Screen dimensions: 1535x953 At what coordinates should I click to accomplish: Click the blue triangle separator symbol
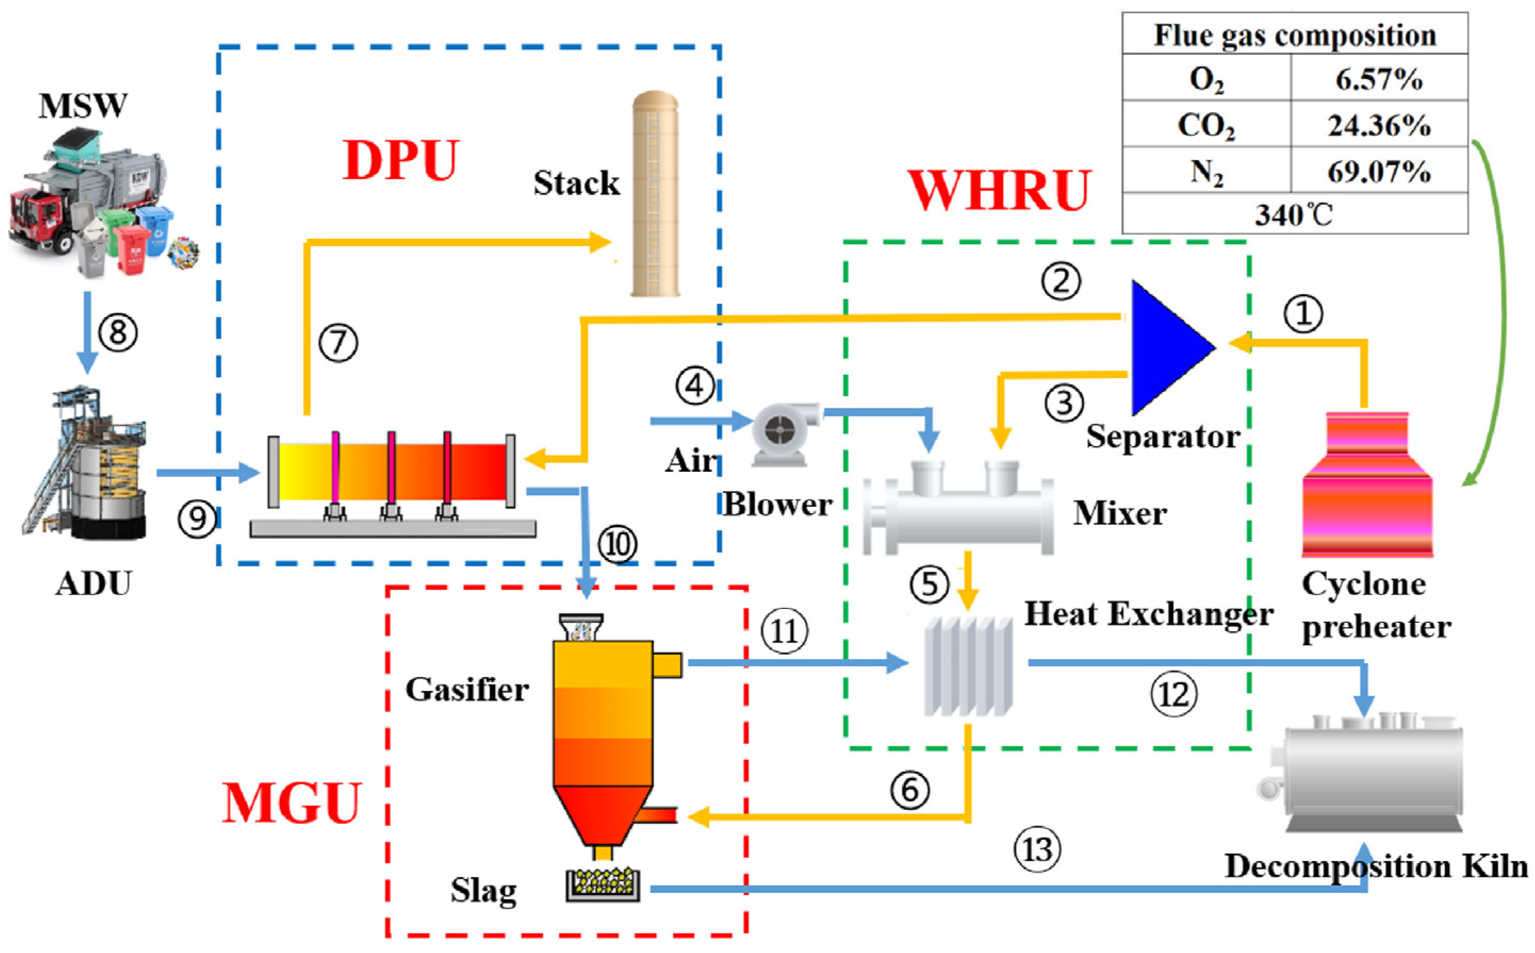tap(1166, 348)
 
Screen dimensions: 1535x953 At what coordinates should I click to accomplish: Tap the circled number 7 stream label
tap(338, 342)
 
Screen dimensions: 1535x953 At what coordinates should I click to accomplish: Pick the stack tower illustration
tap(656, 194)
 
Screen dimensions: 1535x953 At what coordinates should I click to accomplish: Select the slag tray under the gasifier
tap(603, 884)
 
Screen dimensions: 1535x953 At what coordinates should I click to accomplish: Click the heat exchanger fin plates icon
tap(968, 666)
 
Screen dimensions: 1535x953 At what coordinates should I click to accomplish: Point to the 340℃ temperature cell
tap(1294, 214)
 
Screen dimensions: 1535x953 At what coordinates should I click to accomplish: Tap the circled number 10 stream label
tap(616, 544)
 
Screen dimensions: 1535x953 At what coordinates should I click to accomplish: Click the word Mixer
tap(1120, 513)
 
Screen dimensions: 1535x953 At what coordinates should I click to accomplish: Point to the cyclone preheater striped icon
tap(1367, 484)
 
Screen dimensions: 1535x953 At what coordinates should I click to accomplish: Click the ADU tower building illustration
tap(85, 463)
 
